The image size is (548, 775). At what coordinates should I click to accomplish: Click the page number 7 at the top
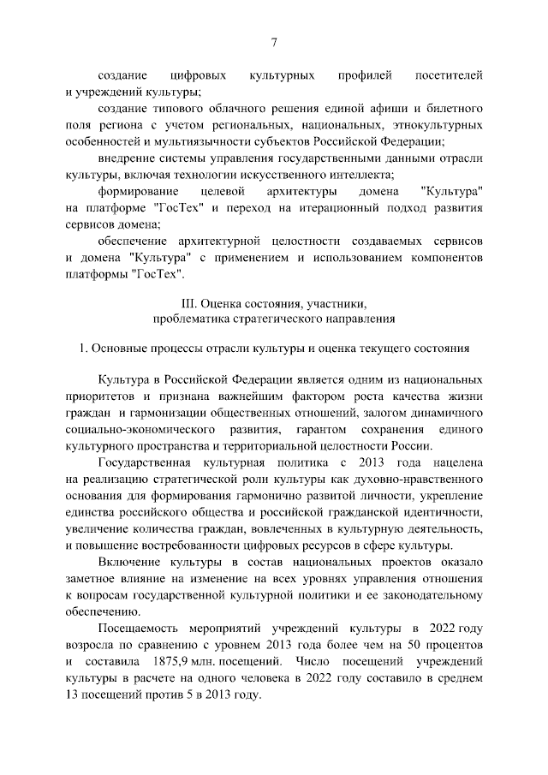pos(273,43)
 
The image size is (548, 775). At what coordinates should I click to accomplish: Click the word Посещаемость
pos(140,629)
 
